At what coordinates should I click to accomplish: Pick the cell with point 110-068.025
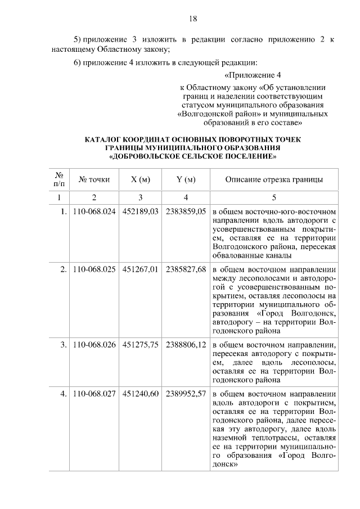click(x=94, y=269)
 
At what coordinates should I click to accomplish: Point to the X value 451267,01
click(x=140, y=269)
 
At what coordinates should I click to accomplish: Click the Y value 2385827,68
click(x=186, y=269)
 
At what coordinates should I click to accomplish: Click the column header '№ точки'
click(x=94, y=180)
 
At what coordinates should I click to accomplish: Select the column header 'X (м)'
click(x=140, y=180)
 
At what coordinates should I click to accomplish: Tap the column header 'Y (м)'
click(x=186, y=180)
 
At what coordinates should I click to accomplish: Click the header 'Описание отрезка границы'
click(x=274, y=180)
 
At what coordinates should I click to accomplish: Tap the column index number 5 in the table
click(x=274, y=197)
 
